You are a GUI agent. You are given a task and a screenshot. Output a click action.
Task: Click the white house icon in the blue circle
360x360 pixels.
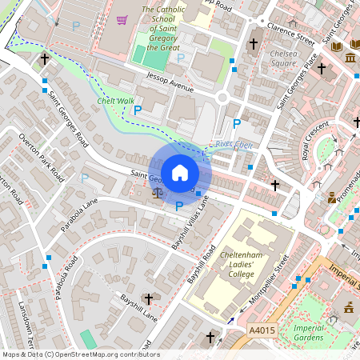pos(180,172)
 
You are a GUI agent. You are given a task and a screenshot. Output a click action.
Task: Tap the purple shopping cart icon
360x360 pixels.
pos(122,20)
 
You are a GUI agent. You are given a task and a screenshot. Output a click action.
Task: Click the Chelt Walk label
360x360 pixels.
pos(116,101)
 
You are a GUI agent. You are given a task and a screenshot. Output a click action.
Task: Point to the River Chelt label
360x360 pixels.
pos(234,144)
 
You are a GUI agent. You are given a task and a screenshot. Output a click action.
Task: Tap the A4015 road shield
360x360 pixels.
pos(261,330)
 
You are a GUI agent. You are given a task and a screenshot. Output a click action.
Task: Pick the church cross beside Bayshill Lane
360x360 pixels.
pos(147,298)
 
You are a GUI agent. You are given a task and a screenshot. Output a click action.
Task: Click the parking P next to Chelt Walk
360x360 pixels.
pos(138,110)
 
